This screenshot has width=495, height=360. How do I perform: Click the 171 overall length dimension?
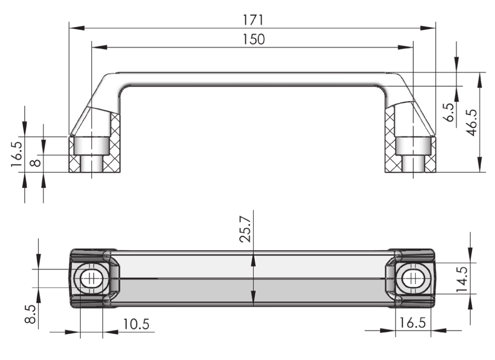(253, 20)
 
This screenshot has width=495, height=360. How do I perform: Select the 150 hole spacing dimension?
(254, 39)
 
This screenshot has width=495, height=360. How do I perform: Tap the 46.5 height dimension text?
(472, 123)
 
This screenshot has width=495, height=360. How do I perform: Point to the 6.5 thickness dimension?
(449, 112)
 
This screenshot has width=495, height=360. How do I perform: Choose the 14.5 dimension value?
(462, 279)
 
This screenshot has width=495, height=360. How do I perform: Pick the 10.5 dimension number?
(136, 324)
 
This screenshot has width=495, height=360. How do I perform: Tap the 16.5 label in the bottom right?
(412, 323)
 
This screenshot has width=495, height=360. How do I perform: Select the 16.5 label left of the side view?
(16, 154)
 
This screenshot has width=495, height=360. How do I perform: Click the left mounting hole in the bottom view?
(92, 278)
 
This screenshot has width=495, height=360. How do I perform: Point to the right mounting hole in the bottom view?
(413, 278)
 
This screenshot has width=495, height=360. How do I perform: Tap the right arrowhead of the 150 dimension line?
(405, 48)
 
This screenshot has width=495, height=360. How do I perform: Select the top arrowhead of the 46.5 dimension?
(480, 80)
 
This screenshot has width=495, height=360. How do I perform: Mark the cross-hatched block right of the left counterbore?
(112, 142)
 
